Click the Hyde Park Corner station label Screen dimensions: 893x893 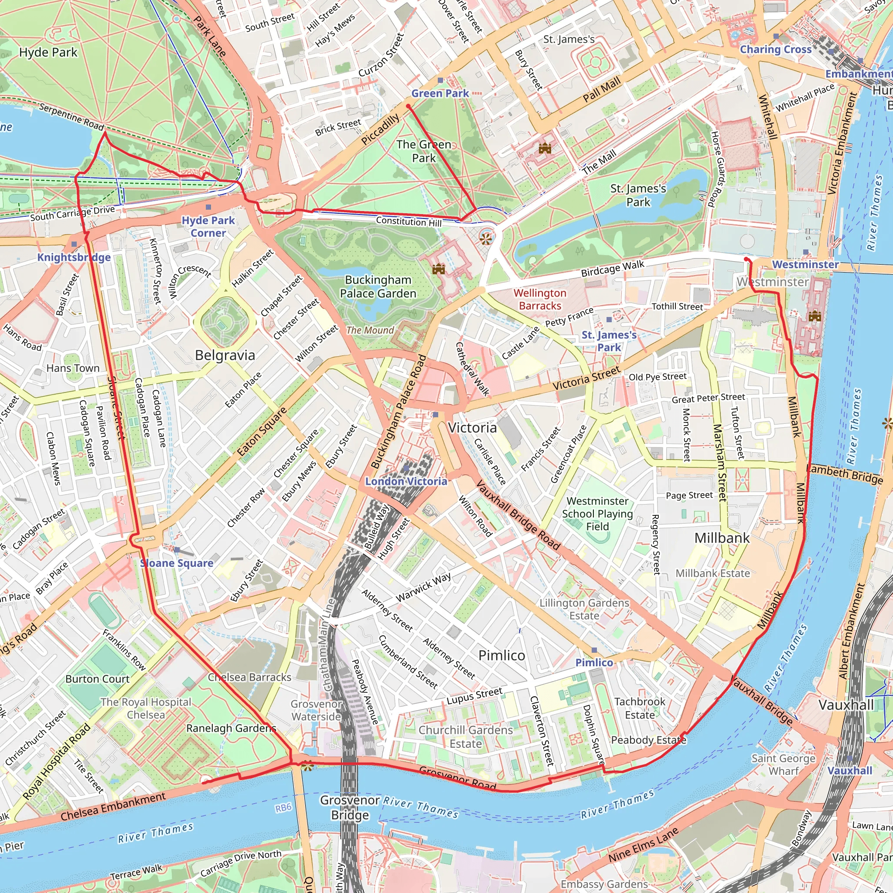[208, 226]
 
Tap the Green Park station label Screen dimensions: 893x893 [440, 93]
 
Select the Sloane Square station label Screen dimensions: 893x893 [177, 563]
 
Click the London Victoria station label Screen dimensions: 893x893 [406, 481]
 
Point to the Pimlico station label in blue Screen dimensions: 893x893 [594, 662]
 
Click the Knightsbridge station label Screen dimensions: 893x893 [74, 257]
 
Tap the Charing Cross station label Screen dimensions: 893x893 [776, 49]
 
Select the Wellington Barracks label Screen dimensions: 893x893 [539, 299]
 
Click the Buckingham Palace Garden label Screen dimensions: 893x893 [378, 286]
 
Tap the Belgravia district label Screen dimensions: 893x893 [225, 355]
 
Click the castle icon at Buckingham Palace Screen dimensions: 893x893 [438, 269]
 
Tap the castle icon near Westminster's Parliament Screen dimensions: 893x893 [815, 316]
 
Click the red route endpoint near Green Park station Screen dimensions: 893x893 [408, 106]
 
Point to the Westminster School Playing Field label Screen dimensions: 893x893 [597, 514]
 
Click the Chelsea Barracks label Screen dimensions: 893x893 [249, 677]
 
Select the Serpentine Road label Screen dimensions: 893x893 [71, 116]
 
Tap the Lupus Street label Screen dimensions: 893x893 [474, 696]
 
